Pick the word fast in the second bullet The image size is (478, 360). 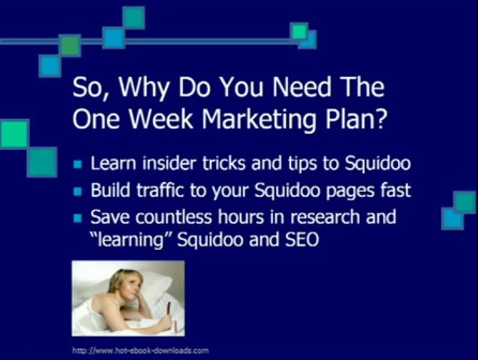396,191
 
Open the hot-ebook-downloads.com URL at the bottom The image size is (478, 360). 140,350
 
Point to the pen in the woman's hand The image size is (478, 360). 168,309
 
